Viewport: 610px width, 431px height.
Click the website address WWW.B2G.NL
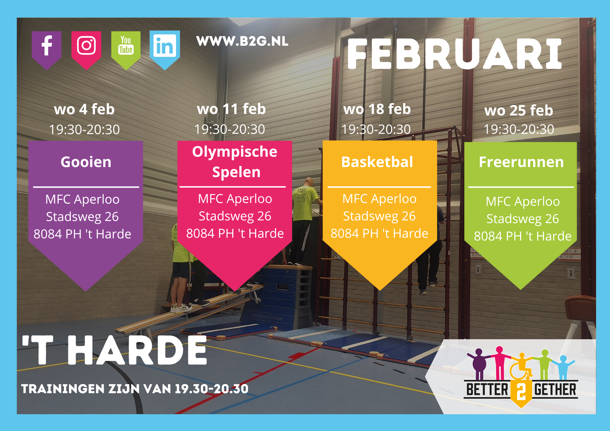point(242,41)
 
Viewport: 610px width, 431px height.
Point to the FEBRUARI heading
point(454,54)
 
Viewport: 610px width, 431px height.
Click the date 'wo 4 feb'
point(84,109)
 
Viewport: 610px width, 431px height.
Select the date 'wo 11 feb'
point(231,109)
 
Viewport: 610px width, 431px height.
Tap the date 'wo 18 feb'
point(377,109)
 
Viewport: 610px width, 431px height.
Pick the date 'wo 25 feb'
point(518,110)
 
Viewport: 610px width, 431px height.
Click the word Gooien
point(86,162)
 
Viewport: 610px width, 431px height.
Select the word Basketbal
point(377,162)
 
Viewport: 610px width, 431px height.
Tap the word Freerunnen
point(521,162)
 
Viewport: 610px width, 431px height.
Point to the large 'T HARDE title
point(114,350)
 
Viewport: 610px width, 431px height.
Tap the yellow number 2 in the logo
point(521,391)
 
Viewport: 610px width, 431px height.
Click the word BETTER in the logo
point(487,390)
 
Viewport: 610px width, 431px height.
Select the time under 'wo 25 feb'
point(519,129)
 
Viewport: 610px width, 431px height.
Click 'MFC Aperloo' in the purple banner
point(82,199)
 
